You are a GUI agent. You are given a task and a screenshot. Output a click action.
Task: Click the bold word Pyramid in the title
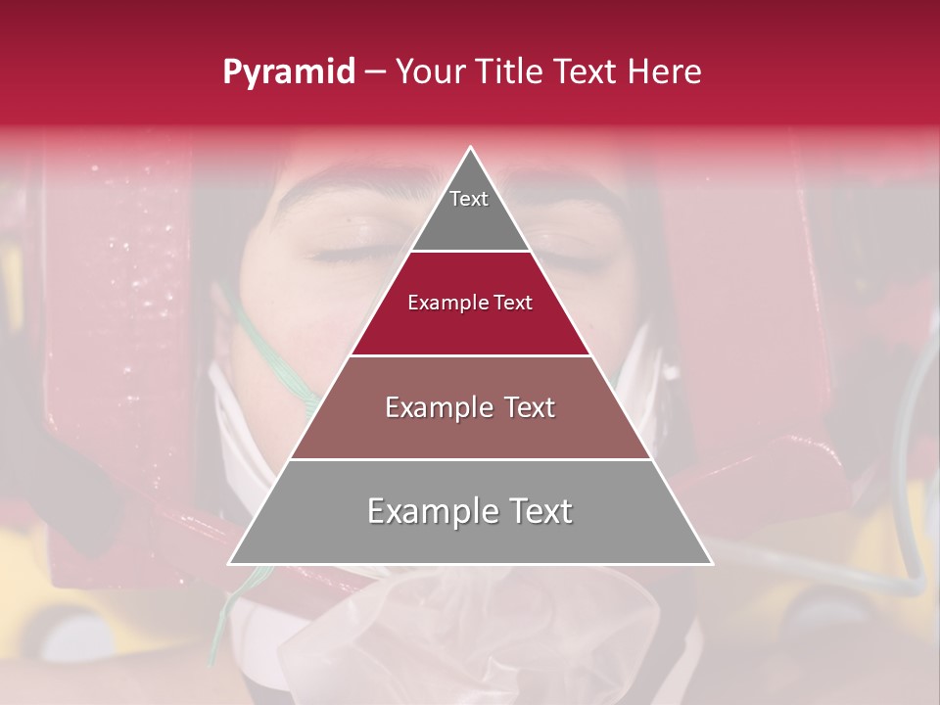click(x=288, y=71)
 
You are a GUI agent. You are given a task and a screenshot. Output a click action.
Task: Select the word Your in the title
click(x=432, y=71)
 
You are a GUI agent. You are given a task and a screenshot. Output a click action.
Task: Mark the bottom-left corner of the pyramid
click(x=230, y=563)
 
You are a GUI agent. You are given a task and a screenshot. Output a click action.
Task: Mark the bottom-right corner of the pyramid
click(x=711, y=563)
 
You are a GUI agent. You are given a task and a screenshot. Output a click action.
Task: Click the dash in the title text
click(x=375, y=71)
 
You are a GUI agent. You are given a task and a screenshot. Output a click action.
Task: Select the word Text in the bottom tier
click(x=540, y=511)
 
